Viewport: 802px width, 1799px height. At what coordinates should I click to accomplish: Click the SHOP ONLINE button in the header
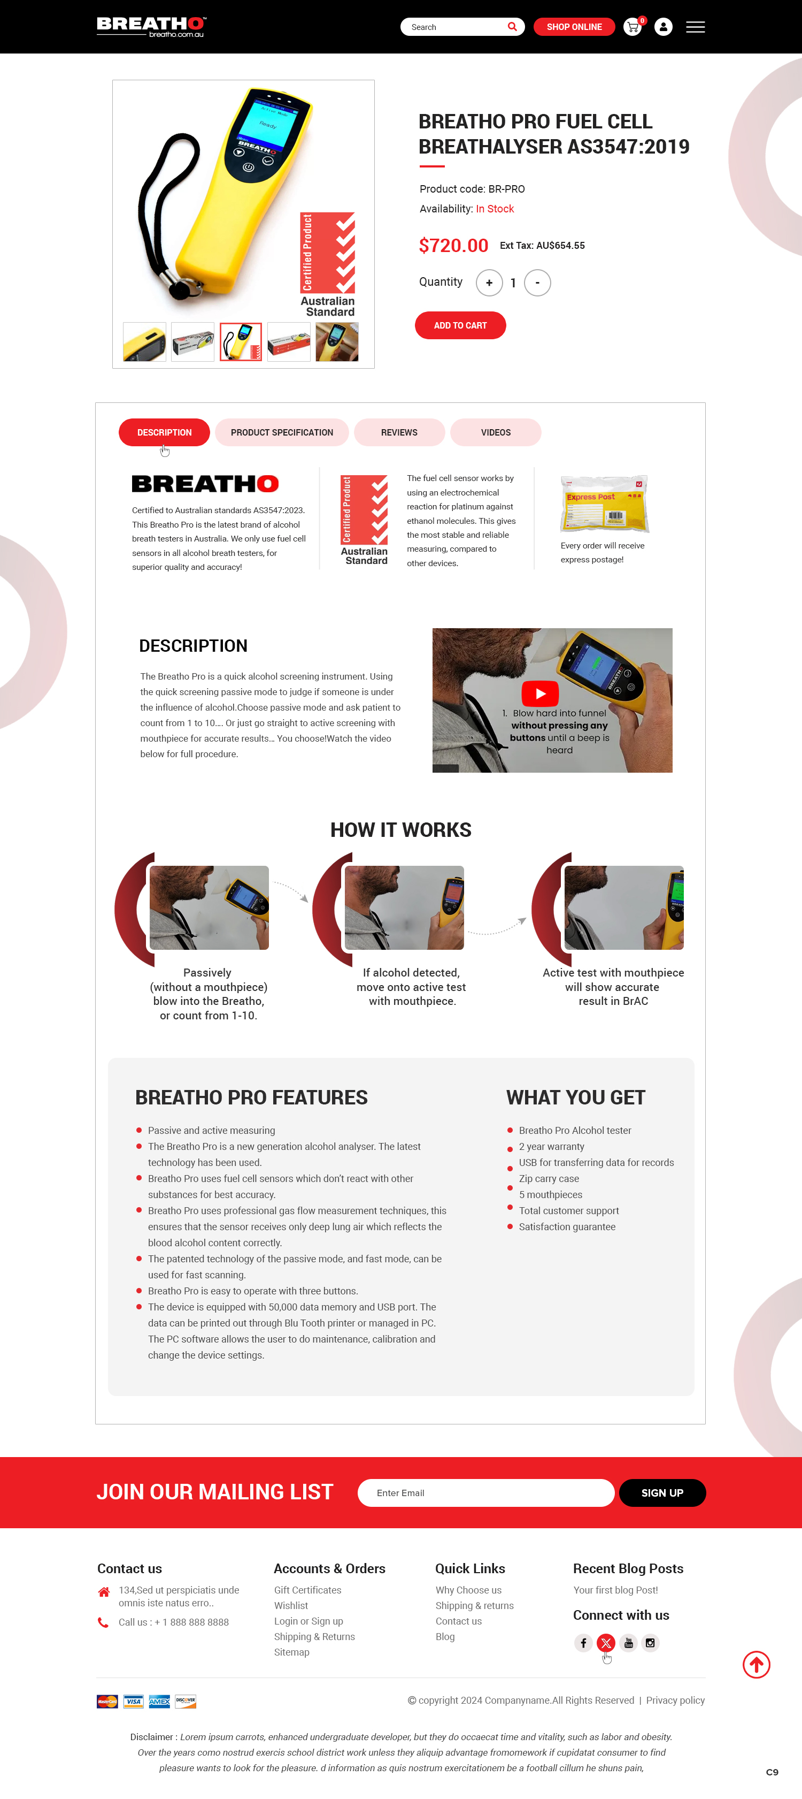[574, 27]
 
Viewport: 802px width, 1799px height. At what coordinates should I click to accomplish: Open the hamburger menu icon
[695, 27]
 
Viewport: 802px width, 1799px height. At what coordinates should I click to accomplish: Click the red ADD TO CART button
[460, 325]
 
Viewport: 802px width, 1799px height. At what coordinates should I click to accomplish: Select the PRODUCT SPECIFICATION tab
[281, 432]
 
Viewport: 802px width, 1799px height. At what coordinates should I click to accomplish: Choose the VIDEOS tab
[496, 432]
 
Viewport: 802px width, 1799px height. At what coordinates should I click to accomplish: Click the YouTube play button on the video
[540, 693]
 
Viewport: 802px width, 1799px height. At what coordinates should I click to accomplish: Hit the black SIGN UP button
[662, 1493]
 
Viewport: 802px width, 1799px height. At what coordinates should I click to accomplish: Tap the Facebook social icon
[583, 1643]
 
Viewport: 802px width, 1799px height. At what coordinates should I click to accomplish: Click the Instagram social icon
[650, 1643]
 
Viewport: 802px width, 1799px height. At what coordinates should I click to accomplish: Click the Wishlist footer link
[291, 1605]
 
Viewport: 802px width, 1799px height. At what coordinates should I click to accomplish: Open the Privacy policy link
[675, 1701]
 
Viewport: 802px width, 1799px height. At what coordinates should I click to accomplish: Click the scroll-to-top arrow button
[756, 1665]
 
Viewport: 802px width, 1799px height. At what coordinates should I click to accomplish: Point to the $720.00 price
[453, 246]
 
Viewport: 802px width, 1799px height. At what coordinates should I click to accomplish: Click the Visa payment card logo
[133, 1701]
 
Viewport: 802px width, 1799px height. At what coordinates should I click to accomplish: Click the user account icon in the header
[663, 27]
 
